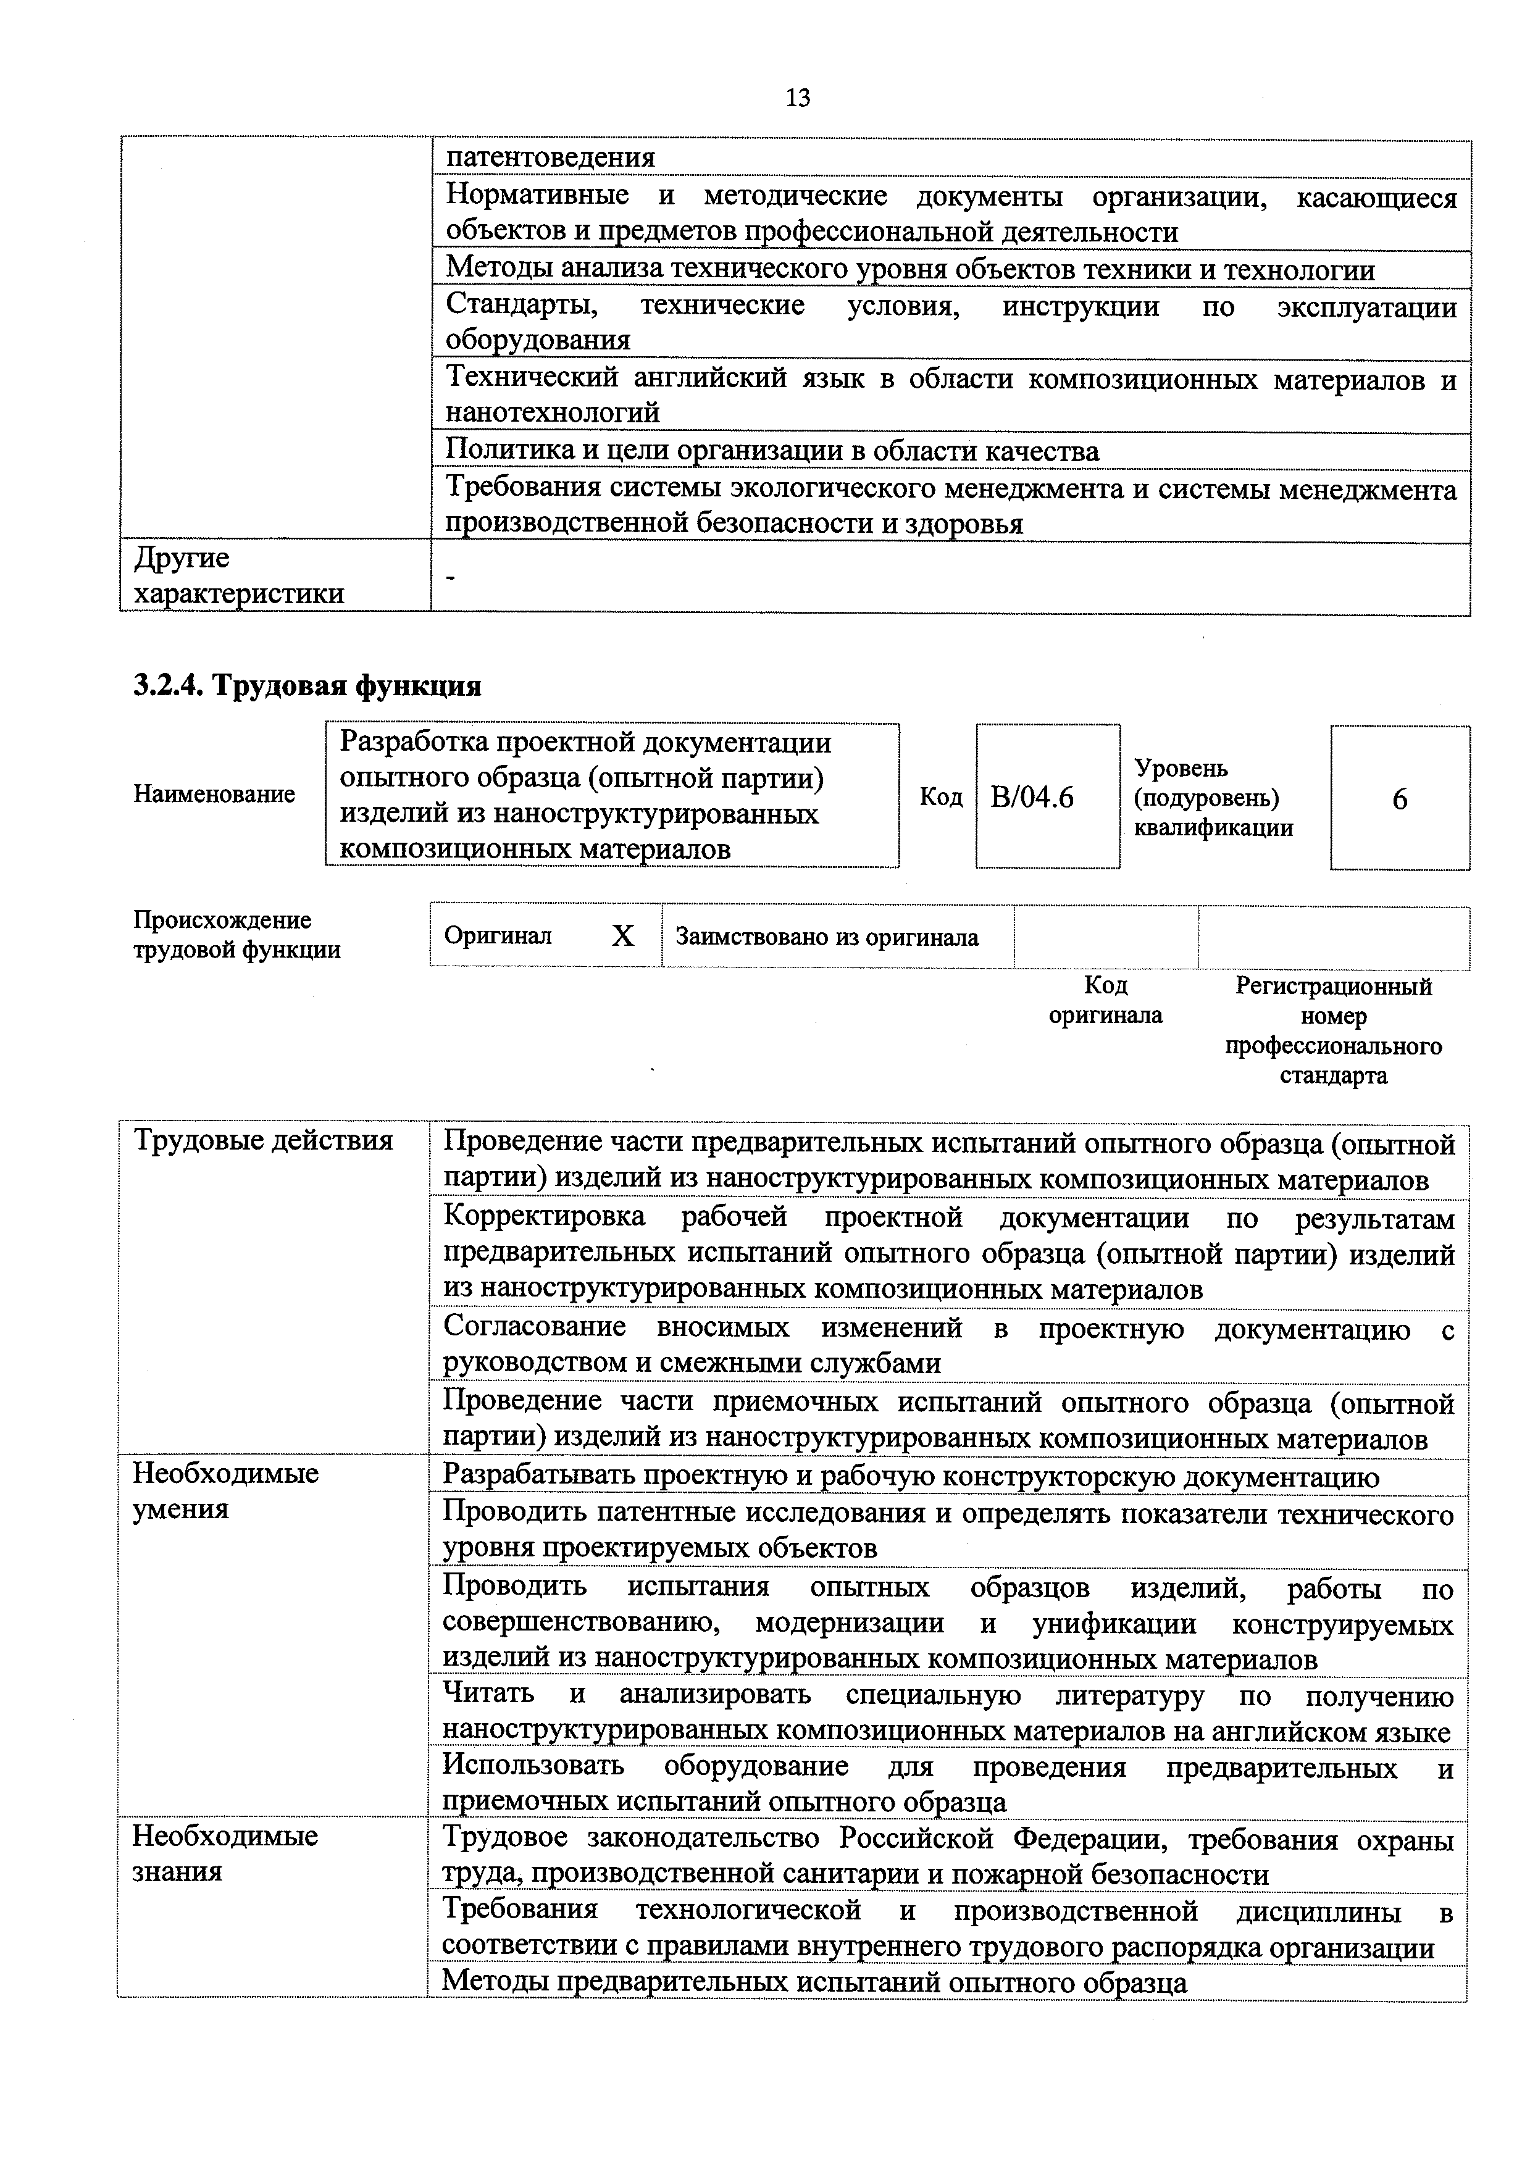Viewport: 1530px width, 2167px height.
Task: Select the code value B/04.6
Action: pos(1032,798)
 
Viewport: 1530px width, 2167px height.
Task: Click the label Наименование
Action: pos(214,795)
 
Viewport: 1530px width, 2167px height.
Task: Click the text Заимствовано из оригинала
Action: pos(827,937)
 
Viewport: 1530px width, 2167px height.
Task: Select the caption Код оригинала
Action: pos(1105,1000)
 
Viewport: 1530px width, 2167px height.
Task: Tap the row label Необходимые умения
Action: pos(225,1490)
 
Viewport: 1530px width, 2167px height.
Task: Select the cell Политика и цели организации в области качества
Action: pos(772,451)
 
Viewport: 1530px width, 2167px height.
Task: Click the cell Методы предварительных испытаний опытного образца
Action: pos(814,1981)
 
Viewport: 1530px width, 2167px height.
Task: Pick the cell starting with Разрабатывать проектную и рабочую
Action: pos(911,1476)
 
